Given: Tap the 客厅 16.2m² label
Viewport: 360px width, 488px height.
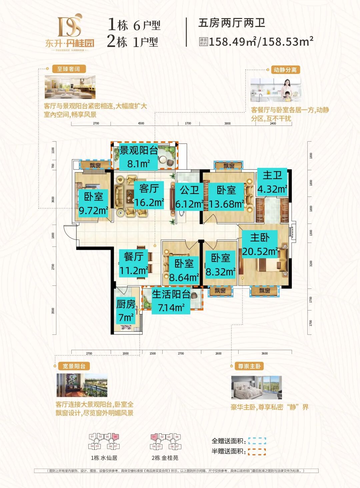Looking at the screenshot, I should (149, 195).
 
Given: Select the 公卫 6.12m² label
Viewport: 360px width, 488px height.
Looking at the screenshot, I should (189, 197).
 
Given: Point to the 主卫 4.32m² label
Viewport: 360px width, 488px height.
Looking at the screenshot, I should (272, 182).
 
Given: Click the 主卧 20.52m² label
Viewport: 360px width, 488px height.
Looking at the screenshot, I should (260, 244).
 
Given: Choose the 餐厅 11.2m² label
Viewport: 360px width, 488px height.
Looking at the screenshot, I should (133, 263).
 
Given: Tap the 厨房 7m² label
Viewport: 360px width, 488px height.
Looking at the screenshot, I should (126, 311).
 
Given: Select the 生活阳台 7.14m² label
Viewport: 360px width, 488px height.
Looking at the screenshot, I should (171, 301).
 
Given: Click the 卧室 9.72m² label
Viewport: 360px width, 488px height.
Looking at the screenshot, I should (93, 204).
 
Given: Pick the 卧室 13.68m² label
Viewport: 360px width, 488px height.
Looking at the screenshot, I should (226, 197).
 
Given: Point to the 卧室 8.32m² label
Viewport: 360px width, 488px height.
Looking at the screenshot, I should (220, 265).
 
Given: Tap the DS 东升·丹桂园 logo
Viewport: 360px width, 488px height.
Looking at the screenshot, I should (70, 32).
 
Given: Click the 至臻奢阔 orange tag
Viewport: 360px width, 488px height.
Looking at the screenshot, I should (69, 69).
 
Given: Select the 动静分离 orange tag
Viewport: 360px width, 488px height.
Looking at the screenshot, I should (285, 70).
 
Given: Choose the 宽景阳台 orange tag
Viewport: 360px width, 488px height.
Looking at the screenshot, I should (74, 366).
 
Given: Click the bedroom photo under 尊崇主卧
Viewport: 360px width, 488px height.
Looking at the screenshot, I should (256, 387).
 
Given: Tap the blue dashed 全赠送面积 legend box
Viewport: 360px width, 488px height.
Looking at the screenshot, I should (257, 441).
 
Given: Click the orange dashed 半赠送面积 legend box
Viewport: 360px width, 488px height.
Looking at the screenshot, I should (257, 452).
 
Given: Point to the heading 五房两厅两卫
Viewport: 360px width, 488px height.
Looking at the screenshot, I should (232, 23).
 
